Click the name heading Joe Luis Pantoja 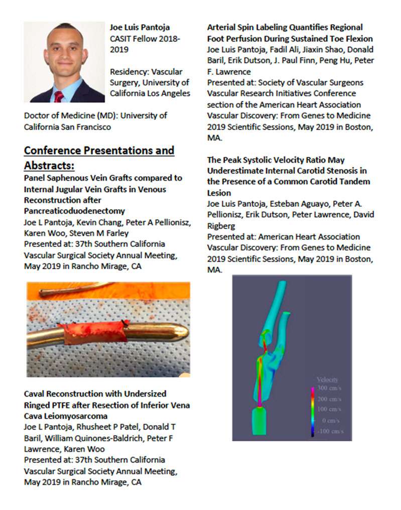click(x=140, y=28)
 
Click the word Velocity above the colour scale click(x=327, y=380)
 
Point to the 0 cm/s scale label click(x=331, y=420)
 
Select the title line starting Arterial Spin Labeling click(x=285, y=28)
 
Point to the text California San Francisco click(x=67, y=126)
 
